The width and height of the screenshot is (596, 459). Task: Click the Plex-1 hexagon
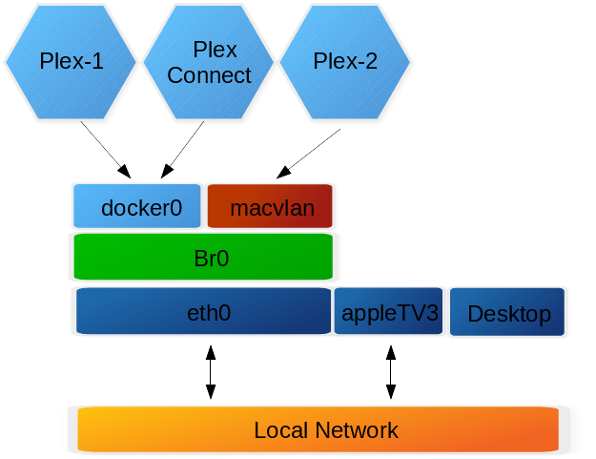[72, 62]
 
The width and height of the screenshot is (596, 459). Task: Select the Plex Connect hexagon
[209, 62]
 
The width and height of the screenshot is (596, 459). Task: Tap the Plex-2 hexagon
[345, 62]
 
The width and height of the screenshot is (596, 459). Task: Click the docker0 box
[139, 207]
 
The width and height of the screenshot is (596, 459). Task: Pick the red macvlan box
[271, 207]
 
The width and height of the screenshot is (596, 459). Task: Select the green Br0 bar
[204, 257]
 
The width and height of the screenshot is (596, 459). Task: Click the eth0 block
[203, 312]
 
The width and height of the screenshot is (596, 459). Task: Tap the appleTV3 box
[389, 313]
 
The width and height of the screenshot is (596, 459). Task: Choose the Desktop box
[509, 313]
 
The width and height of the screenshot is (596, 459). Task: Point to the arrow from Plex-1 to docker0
[104, 149]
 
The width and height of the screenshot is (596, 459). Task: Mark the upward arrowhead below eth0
[211, 353]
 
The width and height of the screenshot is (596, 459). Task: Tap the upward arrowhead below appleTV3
[390, 353]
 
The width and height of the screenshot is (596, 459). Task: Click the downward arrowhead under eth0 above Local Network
[211, 391]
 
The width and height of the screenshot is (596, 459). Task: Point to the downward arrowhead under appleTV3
[390, 391]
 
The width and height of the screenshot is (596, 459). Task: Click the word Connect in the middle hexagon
[209, 75]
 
